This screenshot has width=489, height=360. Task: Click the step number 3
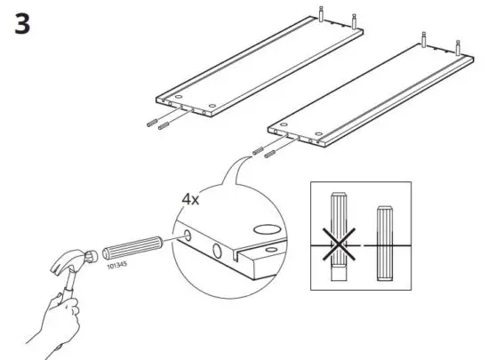coord(22,24)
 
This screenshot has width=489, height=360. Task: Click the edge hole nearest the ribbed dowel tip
coord(188,236)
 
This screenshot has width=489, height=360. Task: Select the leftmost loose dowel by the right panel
coord(256,151)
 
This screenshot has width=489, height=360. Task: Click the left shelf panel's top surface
coord(258,67)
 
